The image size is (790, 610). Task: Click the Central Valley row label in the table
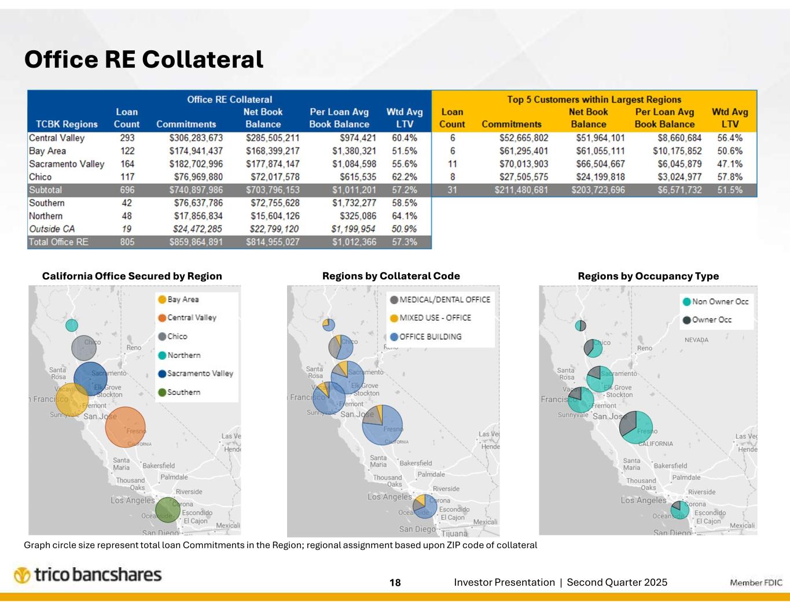pyautogui.click(x=57, y=138)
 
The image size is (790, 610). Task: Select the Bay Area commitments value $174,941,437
pyautogui.click(x=196, y=151)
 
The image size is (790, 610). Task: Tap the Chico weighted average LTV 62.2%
pyautogui.click(x=404, y=177)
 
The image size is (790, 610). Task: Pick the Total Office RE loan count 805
pyautogui.click(x=127, y=242)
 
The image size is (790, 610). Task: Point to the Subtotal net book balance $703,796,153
pyautogui.click(x=273, y=190)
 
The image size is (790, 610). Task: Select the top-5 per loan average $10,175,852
pyautogui.click(x=669, y=151)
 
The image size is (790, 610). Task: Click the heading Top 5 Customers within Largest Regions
pyautogui.click(x=594, y=99)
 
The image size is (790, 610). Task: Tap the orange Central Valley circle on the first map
pyautogui.click(x=125, y=427)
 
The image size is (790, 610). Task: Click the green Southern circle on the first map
pyautogui.click(x=167, y=509)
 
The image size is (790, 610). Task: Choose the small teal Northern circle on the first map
pyautogui.click(x=72, y=326)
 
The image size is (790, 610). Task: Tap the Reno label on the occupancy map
pyautogui.click(x=644, y=348)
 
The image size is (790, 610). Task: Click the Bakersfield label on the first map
pyautogui.click(x=158, y=465)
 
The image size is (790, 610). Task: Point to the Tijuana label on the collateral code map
pyautogui.click(x=454, y=534)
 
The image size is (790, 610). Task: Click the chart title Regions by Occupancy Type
pyautogui.click(x=648, y=276)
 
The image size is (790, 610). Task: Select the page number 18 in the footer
pyautogui.click(x=395, y=583)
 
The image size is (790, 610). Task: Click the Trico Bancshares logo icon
pyautogui.click(x=22, y=575)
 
